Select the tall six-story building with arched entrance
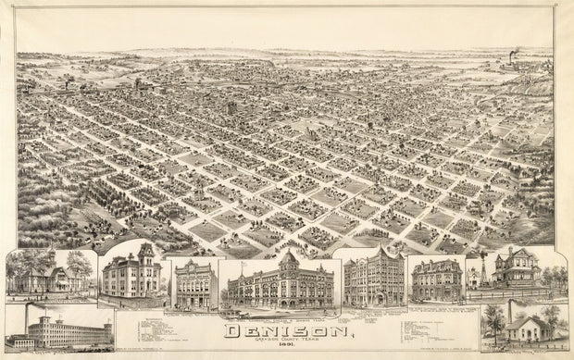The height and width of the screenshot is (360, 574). (374, 281)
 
